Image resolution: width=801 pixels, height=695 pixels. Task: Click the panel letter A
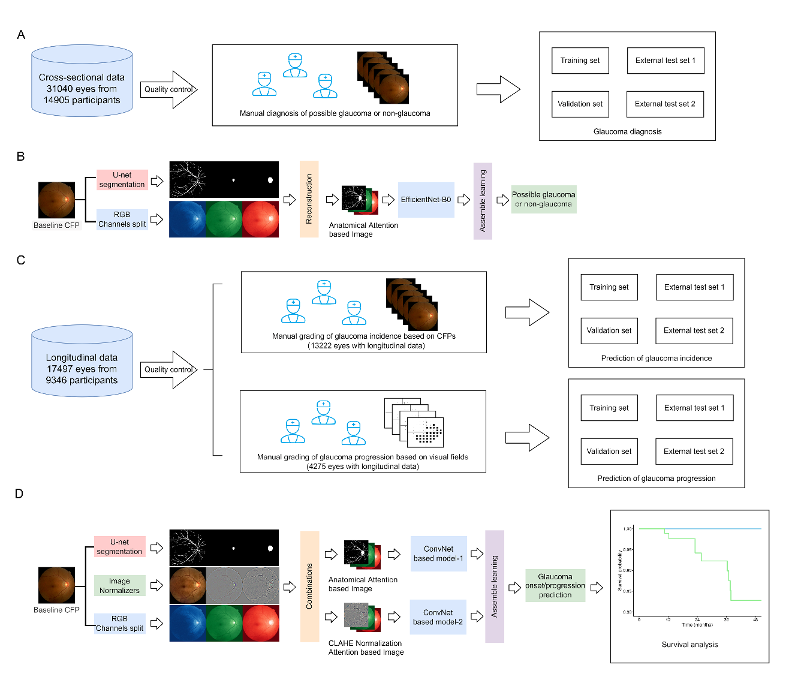point(21,35)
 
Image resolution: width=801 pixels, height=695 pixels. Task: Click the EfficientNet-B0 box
point(426,200)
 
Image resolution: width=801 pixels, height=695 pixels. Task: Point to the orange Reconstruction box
point(309,199)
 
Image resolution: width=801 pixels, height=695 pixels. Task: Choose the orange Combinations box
point(309,586)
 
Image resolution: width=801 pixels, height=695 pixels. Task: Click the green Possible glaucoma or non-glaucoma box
point(543,199)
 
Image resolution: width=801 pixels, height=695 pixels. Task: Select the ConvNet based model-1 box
point(438,553)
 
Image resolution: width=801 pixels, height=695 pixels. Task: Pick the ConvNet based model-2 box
point(438,617)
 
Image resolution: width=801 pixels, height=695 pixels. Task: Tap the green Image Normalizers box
point(119,585)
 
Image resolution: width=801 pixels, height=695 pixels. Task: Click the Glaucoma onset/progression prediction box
point(555,585)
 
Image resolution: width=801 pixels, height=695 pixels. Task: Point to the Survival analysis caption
point(689,645)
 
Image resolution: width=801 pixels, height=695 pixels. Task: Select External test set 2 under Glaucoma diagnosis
point(665,104)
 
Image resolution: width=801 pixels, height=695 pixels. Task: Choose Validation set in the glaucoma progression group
point(609,452)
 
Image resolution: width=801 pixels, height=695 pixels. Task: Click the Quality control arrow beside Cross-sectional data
point(168,89)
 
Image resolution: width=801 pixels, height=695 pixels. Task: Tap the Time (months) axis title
point(697,625)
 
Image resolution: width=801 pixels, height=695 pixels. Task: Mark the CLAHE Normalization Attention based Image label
point(366,648)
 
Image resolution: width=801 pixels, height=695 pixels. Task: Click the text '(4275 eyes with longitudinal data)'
point(363,467)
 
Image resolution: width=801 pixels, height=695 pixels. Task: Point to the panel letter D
point(19,494)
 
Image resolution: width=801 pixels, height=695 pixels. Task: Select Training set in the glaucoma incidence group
point(609,287)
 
